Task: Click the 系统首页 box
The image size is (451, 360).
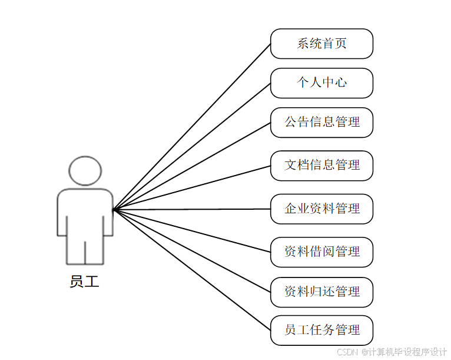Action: coord(321,44)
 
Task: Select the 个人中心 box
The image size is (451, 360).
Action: coord(321,82)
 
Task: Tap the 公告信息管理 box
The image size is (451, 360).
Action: coord(321,122)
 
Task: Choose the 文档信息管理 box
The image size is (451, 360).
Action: coord(321,165)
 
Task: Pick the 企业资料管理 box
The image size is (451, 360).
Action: coord(321,209)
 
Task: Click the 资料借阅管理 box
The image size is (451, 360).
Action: coord(321,252)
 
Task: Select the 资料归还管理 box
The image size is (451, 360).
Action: coord(321,292)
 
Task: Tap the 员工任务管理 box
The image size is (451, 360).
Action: coord(321,330)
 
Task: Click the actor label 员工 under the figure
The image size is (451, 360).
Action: coord(84,282)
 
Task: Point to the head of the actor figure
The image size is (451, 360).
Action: coord(85,170)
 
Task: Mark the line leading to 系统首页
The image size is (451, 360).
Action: coord(192,127)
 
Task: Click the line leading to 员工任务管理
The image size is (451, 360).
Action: coord(192,269)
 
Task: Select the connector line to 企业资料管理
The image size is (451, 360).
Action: coord(192,209)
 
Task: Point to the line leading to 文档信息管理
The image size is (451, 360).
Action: coord(192,187)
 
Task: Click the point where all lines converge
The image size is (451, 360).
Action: coord(114,209)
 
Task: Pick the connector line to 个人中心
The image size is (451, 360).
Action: coord(192,146)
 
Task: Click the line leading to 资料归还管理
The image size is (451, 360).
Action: coord(192,250)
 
